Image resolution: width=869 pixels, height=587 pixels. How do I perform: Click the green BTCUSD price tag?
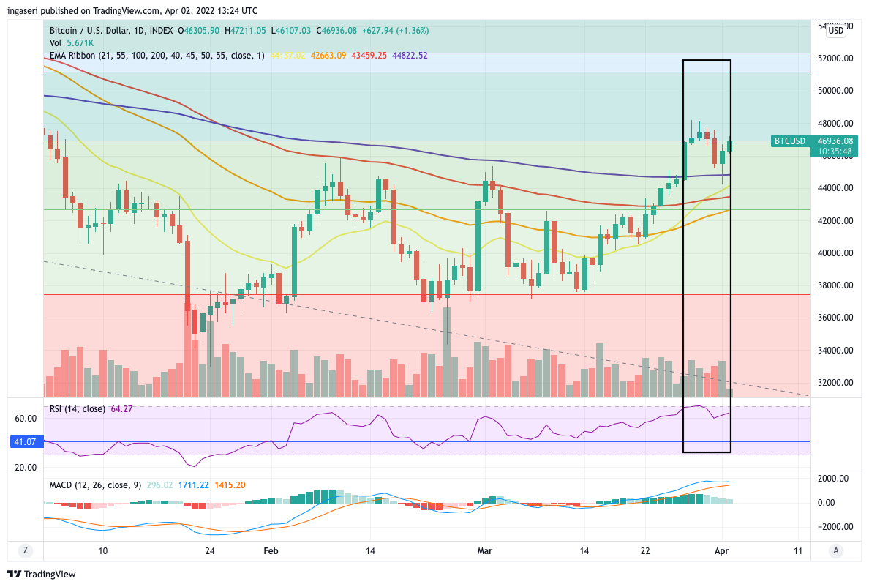789,141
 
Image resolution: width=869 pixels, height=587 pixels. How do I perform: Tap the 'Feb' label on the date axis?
271,550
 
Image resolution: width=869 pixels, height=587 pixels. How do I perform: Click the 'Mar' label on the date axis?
484,550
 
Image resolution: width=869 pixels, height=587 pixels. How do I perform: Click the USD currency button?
836,31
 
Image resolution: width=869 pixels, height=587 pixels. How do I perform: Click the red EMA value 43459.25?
370,56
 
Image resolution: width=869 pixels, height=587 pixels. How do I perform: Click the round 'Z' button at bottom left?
25,550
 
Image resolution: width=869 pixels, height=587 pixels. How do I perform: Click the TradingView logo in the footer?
42,575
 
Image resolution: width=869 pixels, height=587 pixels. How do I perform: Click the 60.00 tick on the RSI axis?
26,419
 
